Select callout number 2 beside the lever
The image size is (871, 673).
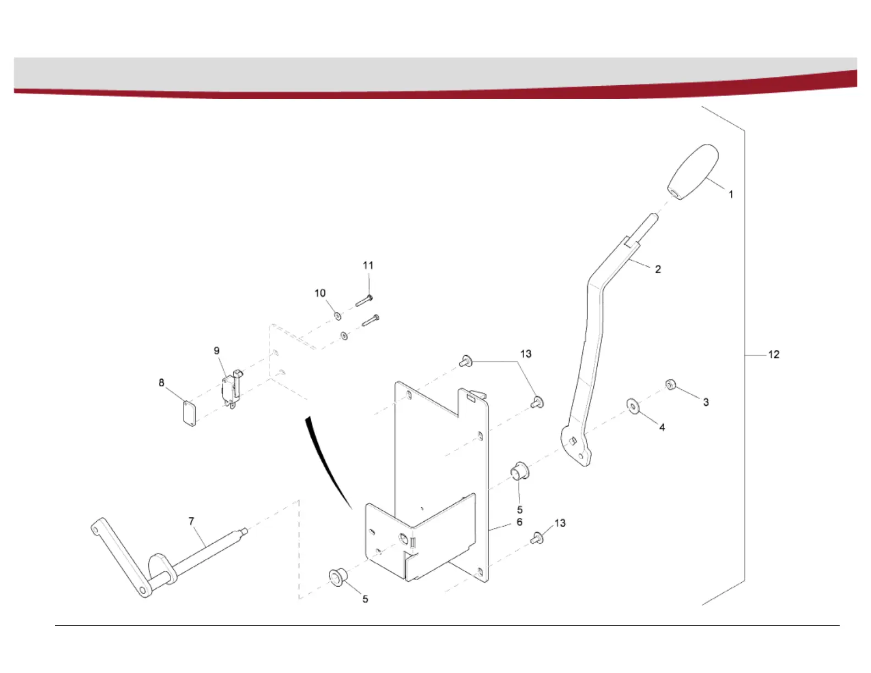[x=658, y=269]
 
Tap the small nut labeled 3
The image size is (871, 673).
[x=670, y=384]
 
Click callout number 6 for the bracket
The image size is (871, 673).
[x=519, y=522]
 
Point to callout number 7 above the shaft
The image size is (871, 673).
[x=191, y=521]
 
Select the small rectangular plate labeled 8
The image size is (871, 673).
[x=189, y=412]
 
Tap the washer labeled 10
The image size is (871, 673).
[x=337, y=316]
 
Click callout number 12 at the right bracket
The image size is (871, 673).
[x=774, y=355]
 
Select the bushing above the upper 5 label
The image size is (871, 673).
[x=520, y=471]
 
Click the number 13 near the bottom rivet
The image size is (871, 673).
[x=560, y=523]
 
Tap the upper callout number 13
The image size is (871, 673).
[x=526, y=354]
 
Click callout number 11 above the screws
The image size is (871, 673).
[x=368, y=266]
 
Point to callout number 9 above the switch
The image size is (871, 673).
[x=217, y=351]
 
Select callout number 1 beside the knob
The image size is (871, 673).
[x=731, y=195]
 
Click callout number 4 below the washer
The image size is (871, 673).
[x=662, y=427]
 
